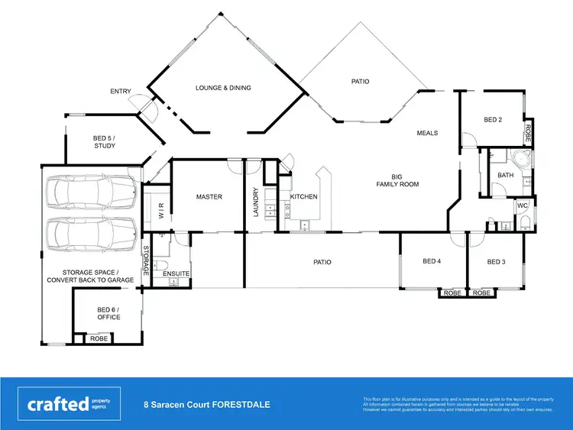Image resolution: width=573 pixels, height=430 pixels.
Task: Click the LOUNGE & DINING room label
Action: (x=223, y=88)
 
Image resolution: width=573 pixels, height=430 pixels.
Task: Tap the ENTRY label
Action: (x=121, y=92)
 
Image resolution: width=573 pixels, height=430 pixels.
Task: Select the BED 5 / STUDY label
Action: (x=105, y=142)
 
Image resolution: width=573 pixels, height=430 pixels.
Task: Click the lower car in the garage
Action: (x=90, y=233)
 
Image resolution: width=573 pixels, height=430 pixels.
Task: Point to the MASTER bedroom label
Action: (x=209, y=197)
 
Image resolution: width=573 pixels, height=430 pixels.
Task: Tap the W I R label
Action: (x=161, y=212)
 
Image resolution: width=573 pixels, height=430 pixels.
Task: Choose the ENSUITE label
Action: (x=176, y=273)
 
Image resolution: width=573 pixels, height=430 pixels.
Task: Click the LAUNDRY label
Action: (x=257, y=202)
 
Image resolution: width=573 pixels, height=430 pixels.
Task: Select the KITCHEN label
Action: (x=303, y=197)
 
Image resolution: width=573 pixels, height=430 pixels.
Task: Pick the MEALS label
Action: (x=427, y=133)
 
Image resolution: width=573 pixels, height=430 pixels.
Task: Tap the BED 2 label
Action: (x=493, y=120)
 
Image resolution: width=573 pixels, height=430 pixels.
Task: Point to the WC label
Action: (x=523, y=205)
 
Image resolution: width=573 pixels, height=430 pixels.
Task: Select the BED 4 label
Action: (x=432, y=261)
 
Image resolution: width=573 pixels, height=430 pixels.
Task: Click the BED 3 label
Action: (x=496, y=261)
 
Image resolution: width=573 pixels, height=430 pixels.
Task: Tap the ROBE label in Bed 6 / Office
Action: (x=99, y=338)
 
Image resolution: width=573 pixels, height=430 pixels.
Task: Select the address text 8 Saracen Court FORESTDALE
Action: (x=206, y=405)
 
